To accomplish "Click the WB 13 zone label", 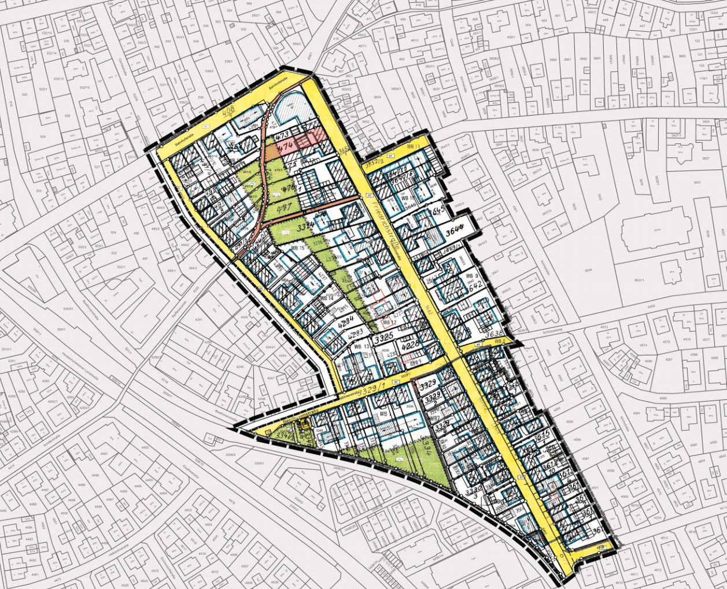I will [x=363, y=347].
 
